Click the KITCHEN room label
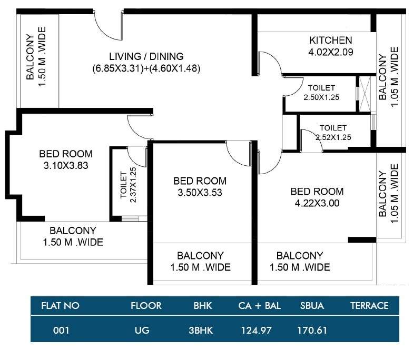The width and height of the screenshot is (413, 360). [330, 41]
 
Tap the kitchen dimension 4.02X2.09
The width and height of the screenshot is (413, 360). [330, 52]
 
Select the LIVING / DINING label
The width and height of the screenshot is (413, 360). [146, 56]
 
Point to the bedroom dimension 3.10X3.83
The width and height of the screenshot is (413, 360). [66, 165]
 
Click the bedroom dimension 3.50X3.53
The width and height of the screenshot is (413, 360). [200, 193]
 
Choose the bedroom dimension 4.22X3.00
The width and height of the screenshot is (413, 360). [317, 203]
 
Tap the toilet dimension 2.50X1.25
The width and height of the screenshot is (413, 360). [321, 97]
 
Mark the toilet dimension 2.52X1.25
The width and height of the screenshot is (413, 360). [333, 137]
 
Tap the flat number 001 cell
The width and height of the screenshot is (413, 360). [61, 331]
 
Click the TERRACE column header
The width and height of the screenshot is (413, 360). [369, 305]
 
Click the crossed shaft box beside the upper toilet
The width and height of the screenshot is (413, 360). [363, 94]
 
